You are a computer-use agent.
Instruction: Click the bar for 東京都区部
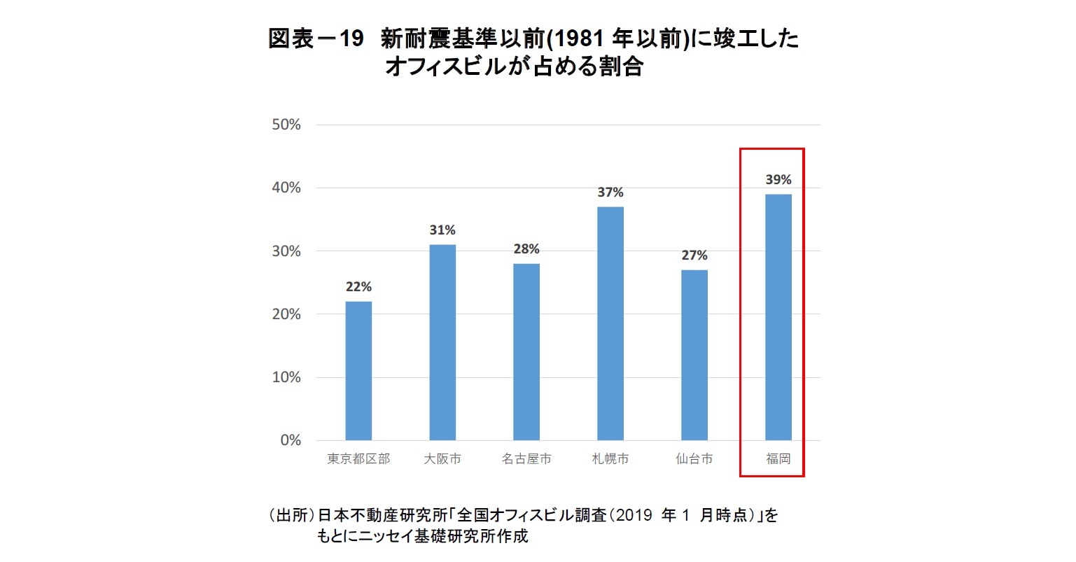(358, 371)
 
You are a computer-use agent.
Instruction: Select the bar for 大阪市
(442, 342)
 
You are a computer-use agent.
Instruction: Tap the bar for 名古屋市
(526, 352)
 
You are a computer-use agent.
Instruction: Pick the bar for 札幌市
(610, 323)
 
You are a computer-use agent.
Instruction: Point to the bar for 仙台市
(694, 355)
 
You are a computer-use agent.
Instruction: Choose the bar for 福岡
(778, 317)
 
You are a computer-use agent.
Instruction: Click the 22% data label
(358, 287)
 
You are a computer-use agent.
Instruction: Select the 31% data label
(442, 230)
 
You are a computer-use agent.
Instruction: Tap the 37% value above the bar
(610, 192)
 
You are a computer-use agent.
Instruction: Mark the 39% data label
(778, 180)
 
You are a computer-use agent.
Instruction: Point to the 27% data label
(694, 255)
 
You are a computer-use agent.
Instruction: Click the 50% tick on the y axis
(286, 125)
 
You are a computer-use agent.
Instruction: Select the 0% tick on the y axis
(291, 440)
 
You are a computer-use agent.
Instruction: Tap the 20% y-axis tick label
(286, 314)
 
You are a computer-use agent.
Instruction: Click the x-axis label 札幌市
(610, 459)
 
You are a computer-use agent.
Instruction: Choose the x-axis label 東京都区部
(358, 459)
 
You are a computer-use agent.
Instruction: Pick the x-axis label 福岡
(778, 459)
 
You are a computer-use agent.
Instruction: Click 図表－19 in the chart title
(316, 39)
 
